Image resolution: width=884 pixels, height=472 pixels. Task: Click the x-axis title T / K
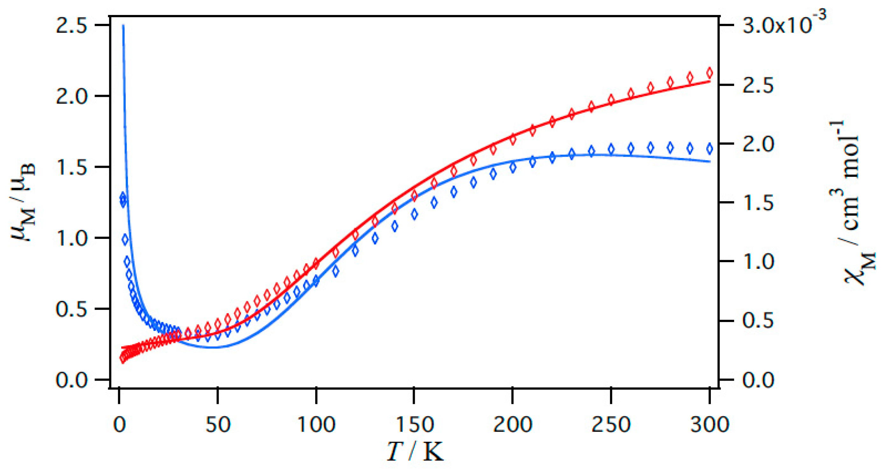point(414,451)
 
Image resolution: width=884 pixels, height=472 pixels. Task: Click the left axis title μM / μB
point(23,203)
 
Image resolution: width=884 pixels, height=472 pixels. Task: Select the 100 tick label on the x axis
point(316,425)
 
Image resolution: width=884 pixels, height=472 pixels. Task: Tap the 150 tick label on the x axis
point(414,425)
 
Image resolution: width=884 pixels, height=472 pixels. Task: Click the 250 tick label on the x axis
point(611,425)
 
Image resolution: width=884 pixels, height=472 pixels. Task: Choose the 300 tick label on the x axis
point(709,425)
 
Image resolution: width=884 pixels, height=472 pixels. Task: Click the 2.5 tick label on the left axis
point(71,25)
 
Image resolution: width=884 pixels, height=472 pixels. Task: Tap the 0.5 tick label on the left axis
point(71,309)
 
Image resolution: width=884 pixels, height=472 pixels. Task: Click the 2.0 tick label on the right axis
point(758,144)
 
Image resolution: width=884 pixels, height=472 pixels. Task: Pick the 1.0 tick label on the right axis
point(758,261)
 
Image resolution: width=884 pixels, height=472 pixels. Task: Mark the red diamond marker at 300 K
point(709,73)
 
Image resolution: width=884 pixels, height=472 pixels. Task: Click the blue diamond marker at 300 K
point(709,149)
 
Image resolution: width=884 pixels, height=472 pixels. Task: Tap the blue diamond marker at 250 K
point(611,149)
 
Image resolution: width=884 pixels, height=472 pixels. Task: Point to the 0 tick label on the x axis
point(119,425)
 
